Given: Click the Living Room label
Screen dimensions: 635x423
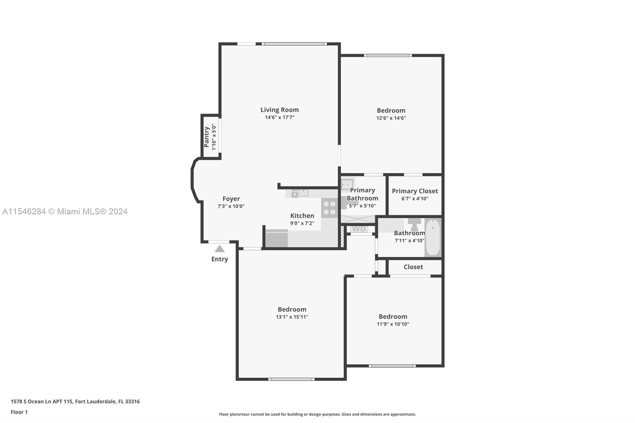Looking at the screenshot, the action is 279,110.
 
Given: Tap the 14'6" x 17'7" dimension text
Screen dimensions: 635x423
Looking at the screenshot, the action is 279,117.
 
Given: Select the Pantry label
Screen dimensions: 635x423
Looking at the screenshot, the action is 207,137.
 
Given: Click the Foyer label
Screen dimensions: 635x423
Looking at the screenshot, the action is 231,199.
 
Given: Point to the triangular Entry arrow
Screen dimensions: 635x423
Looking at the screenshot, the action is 220,249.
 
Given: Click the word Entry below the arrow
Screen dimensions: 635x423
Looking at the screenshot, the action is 220,259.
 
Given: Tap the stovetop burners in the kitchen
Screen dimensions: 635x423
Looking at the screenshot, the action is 329,208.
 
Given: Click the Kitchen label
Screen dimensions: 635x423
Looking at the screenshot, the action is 302,216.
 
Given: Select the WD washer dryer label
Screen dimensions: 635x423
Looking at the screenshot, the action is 359,229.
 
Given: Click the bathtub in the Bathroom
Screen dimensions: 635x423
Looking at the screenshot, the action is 433,237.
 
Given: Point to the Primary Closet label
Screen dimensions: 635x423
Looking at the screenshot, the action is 415,191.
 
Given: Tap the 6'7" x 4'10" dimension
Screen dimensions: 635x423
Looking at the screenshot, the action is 415,199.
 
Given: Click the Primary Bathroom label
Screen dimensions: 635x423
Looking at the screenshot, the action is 362,194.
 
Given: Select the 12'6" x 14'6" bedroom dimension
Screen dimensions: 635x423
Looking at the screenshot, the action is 391,118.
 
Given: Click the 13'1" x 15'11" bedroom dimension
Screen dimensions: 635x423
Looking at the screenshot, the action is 292,317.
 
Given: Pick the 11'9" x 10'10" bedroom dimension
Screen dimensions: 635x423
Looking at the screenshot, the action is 393,324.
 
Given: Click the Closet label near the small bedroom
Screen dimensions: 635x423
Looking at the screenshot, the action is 413,267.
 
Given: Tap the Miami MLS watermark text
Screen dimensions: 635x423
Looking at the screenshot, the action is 65,211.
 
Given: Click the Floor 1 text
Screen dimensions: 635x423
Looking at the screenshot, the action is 19,412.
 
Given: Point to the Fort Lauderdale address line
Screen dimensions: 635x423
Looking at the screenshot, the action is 75,402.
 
